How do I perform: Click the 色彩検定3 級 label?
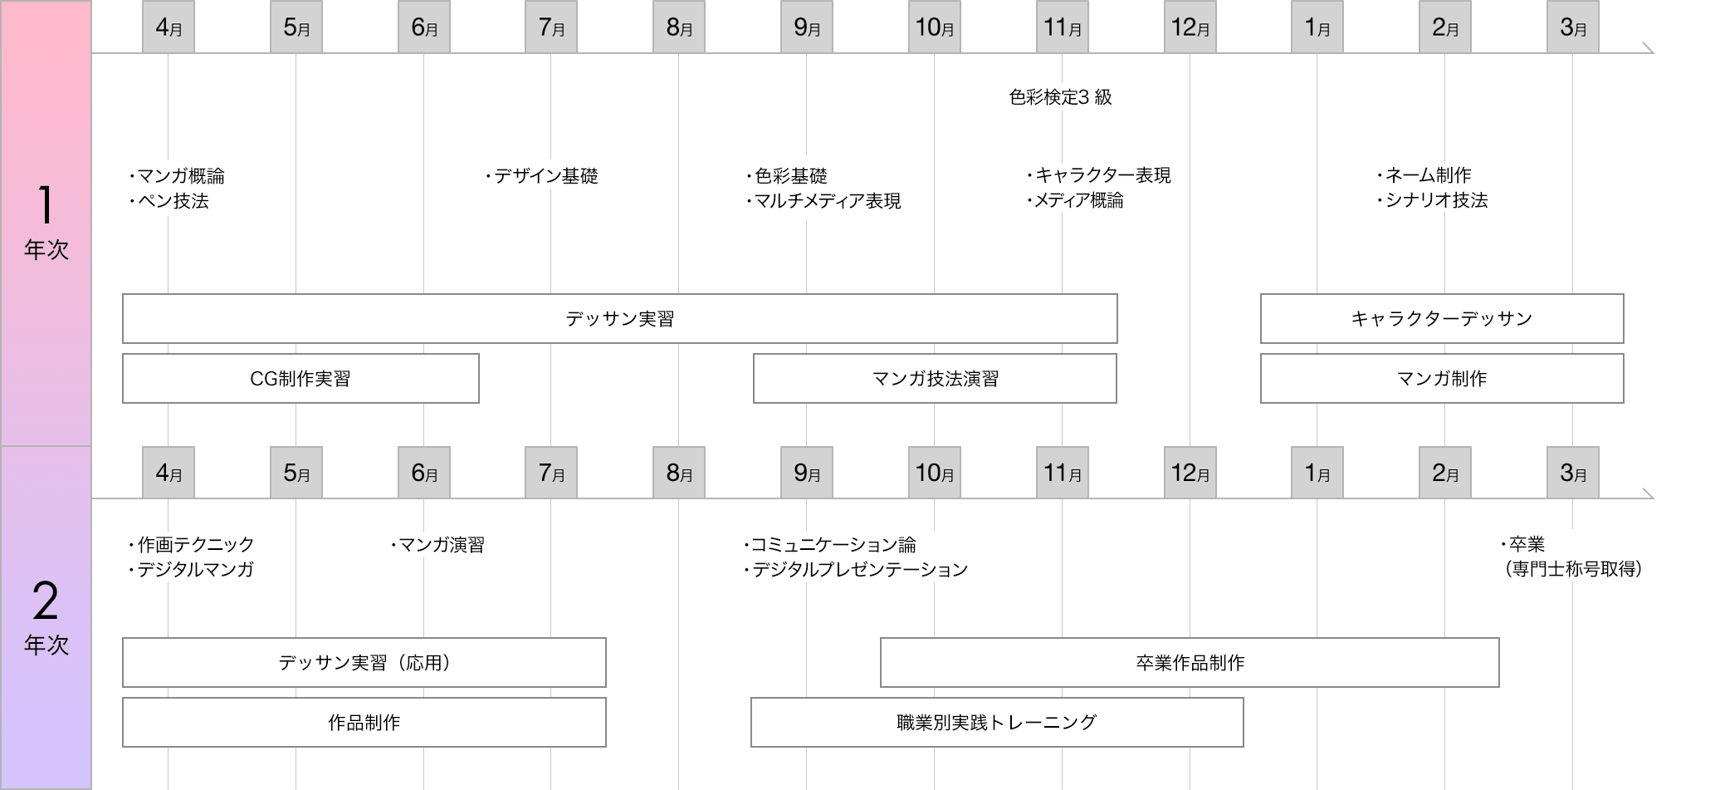pyautogui.click(x=1060, y=97)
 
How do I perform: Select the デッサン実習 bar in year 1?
pyautogui.click(x=620, y=318)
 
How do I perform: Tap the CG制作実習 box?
pyautogui.click(x=301, y=378)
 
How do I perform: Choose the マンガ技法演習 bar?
pyautogui.click(x=935, y=378)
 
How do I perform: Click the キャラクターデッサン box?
pyautogui.click(x=1442, y=318)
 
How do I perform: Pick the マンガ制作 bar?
pyautogui.click(x=1442, y=378)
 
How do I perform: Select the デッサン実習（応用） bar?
pyautogui.click(x=364, y=662)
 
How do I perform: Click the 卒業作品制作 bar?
pyautogui.click(x=1190, y=662)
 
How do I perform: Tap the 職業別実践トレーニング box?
pyautogui.click(x=997, y=722)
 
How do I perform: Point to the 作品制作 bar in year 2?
pyautogui.click(x=364, y=722)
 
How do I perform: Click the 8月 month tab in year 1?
pyautogui.click(x=679, y=27)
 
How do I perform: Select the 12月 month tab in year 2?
pyautogui.click(x=1190, y=473)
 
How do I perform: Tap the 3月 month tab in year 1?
pyautogui.click(x=1573, y=27)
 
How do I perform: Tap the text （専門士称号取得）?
pyautogui.click(x=1573, y=569)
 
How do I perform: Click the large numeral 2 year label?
pyautogui.click(x=46, y=601)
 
